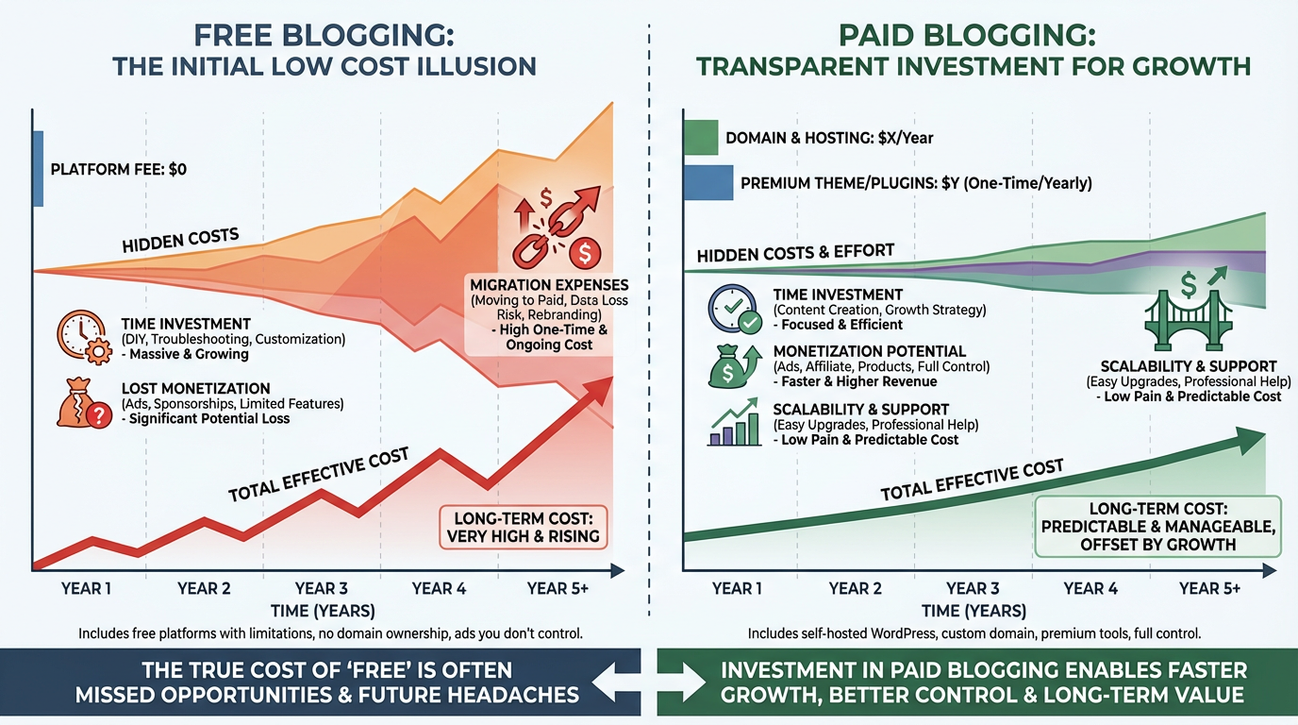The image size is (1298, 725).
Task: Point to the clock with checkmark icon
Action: [734, 310]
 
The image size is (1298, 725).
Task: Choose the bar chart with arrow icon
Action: [734, 424]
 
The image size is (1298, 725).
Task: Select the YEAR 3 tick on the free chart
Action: [322, 588]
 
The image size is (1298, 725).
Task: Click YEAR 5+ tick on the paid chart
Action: [1209, 588]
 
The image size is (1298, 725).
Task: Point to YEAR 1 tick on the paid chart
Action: [739, 588]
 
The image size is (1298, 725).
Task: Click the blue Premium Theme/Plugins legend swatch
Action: [707, 183]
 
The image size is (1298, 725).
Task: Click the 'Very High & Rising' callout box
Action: [522, 528]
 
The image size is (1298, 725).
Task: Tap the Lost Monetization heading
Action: [196, 388]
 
